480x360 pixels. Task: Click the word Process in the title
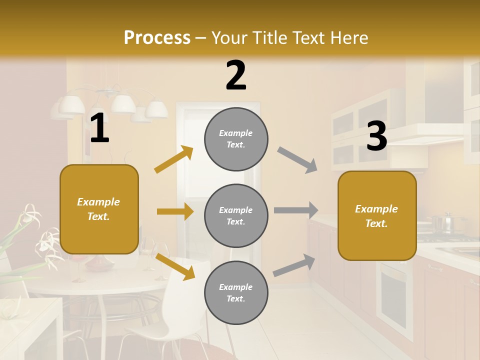[157, 37]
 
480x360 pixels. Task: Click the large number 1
[99, 128]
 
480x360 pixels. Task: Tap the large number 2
[236, 75]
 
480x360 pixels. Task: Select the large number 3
[376, 136]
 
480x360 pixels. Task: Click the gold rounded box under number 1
[99, 209]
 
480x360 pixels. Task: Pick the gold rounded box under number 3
[377, 216]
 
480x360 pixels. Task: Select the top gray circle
[236, 139]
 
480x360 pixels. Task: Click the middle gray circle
[236, 215]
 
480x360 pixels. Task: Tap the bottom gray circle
[236, 292]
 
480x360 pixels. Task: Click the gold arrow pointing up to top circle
[173, 159]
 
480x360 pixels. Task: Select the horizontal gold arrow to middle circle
[175, 211]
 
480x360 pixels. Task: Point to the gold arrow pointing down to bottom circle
[175, 265]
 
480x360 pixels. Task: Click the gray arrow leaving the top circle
[297, 159]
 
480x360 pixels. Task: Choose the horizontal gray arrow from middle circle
[296, 210]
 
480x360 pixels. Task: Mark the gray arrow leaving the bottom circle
[294, 265]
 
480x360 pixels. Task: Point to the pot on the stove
[443, 223]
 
